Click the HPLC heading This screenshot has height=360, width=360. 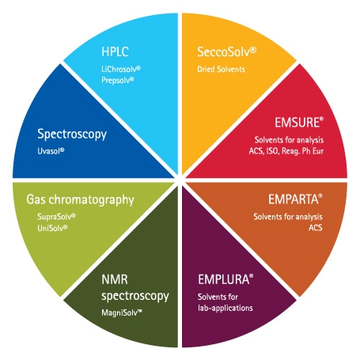pos(115,51)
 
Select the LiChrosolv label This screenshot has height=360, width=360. pos(121,69)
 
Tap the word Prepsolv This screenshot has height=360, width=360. pos(118,80)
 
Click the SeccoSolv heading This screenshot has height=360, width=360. pos(226,51)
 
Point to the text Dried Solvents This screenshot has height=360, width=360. pos(221,70)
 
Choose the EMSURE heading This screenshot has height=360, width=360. pos(299,123)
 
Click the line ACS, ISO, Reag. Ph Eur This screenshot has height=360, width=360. pos(286,151)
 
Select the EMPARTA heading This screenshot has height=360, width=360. pos(295,199)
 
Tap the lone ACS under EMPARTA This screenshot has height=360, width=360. pos(316,228)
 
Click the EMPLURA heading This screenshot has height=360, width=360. pos(225,279)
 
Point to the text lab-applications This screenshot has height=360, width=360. pos(225,308)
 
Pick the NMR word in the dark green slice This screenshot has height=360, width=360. pos(115,279)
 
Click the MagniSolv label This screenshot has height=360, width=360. pos(122,313)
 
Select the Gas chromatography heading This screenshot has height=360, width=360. pos(80,200)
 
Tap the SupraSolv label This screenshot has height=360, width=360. pos(56,217)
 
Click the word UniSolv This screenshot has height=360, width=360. pos(52,228)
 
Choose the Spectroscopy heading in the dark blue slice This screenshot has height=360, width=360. pos(72,135)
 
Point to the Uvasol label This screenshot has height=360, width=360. pos(51,151)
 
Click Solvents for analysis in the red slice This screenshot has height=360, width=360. pos(289,140)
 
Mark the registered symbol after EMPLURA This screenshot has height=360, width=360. pos(251,276)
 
